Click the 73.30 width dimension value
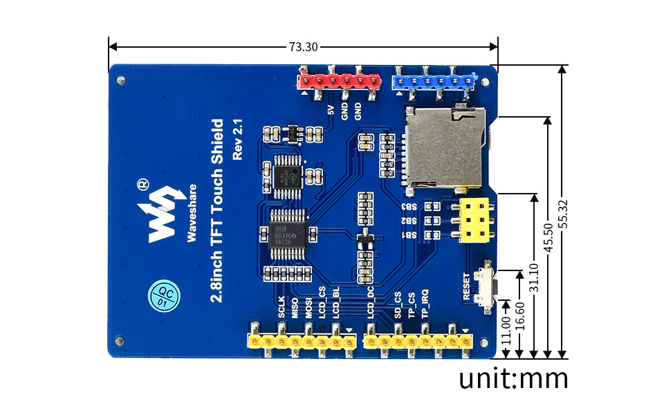pos(303,47)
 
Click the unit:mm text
pos(513,378)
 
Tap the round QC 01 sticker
pos(161,295)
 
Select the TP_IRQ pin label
pos(425,302)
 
